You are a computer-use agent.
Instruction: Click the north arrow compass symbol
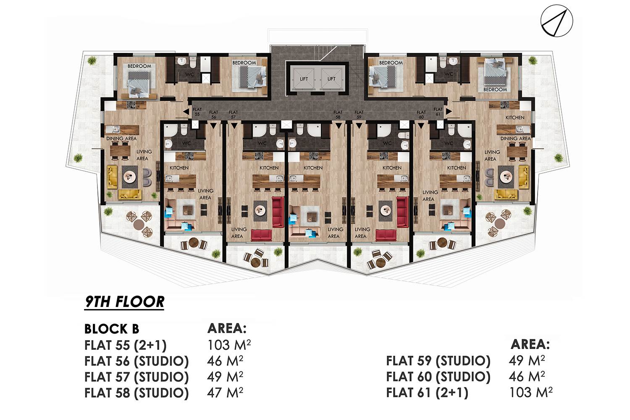pos(556,21)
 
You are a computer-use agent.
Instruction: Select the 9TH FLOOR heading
pos(124,302)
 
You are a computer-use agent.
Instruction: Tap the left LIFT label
pos(304,79)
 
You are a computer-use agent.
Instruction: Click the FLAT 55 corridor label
pos(197,112)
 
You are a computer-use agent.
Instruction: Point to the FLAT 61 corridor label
pos(438,112)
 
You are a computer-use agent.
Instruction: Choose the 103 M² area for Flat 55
pos(228,345)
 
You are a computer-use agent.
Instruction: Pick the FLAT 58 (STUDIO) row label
pos(136,393)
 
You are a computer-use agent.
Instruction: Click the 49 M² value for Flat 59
pos(527,361)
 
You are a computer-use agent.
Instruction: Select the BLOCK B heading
pos(112,329)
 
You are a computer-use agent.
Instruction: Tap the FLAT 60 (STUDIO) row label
pos(438,377)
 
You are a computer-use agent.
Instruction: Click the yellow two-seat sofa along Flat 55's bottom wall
pos(130,194)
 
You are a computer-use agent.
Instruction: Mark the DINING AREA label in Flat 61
pos(515,139)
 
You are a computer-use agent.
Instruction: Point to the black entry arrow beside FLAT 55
pos(186,112)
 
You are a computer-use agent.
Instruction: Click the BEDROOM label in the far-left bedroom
pos(139,66)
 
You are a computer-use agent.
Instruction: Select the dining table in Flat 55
pos(121,151)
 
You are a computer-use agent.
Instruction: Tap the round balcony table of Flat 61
pos(499,223)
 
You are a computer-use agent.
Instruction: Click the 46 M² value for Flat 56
pos(225,361)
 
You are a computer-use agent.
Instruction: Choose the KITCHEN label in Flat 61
pos(514,118)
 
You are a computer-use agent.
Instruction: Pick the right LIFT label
pos(331,79)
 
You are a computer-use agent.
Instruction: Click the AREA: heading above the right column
pos(530,344)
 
